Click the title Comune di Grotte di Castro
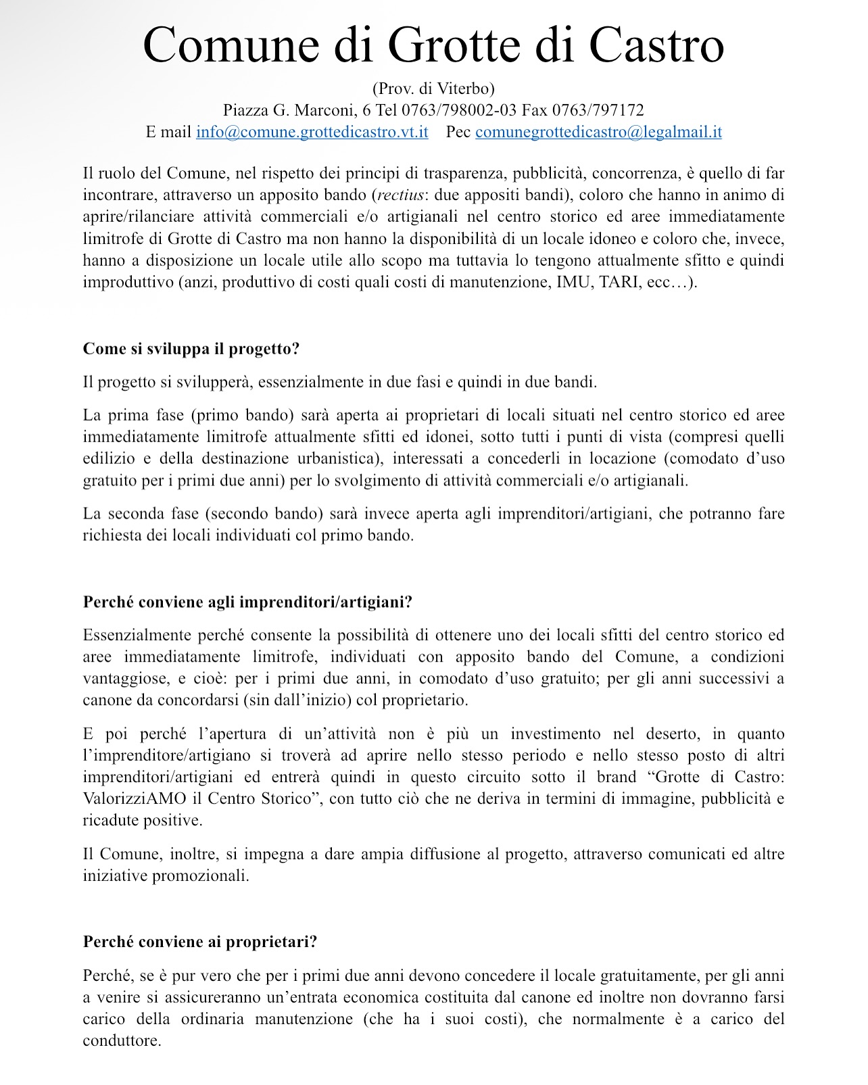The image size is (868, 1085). click(433, 45)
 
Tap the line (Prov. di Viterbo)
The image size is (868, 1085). click(433, 88)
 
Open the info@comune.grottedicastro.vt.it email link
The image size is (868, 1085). click(312, 132)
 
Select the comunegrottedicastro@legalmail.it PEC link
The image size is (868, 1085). click(598, 132)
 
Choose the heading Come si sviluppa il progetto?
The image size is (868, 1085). click(191, 349)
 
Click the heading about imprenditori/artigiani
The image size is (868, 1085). click(247, 602)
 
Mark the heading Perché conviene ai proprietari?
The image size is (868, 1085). click(200, 942)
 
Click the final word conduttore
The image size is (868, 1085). click(121, 1040)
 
